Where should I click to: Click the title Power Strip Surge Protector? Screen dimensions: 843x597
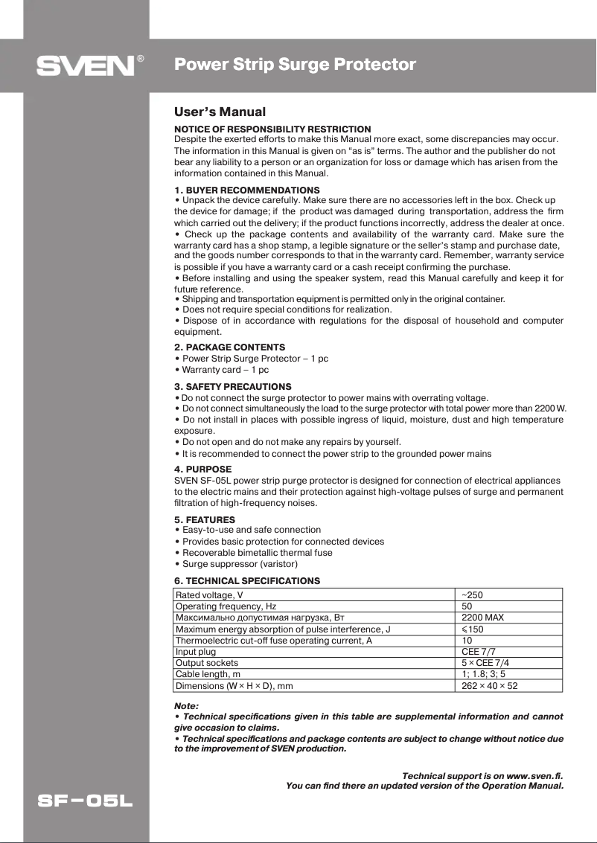point(295,65)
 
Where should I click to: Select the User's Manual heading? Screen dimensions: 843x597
point(220,112)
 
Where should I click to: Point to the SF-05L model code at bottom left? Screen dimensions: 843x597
point(86,802)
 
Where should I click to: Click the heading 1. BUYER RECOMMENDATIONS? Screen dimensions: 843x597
point(246,190)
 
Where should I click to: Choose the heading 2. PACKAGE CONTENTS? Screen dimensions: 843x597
point(229,347)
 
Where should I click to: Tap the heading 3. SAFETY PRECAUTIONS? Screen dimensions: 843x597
point(233,387)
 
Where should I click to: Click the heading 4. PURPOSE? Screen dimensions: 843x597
point(202,469)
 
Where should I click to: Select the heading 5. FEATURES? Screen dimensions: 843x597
point(205,519)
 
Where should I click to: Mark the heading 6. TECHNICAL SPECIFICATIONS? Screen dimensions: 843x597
point(247,580)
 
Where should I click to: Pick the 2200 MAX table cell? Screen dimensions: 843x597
point(482,618)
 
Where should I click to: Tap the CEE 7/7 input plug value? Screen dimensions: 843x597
point(478,652)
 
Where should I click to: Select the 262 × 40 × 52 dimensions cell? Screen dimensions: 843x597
point(489,686)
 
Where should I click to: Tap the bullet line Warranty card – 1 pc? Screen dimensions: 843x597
point(221,370)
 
